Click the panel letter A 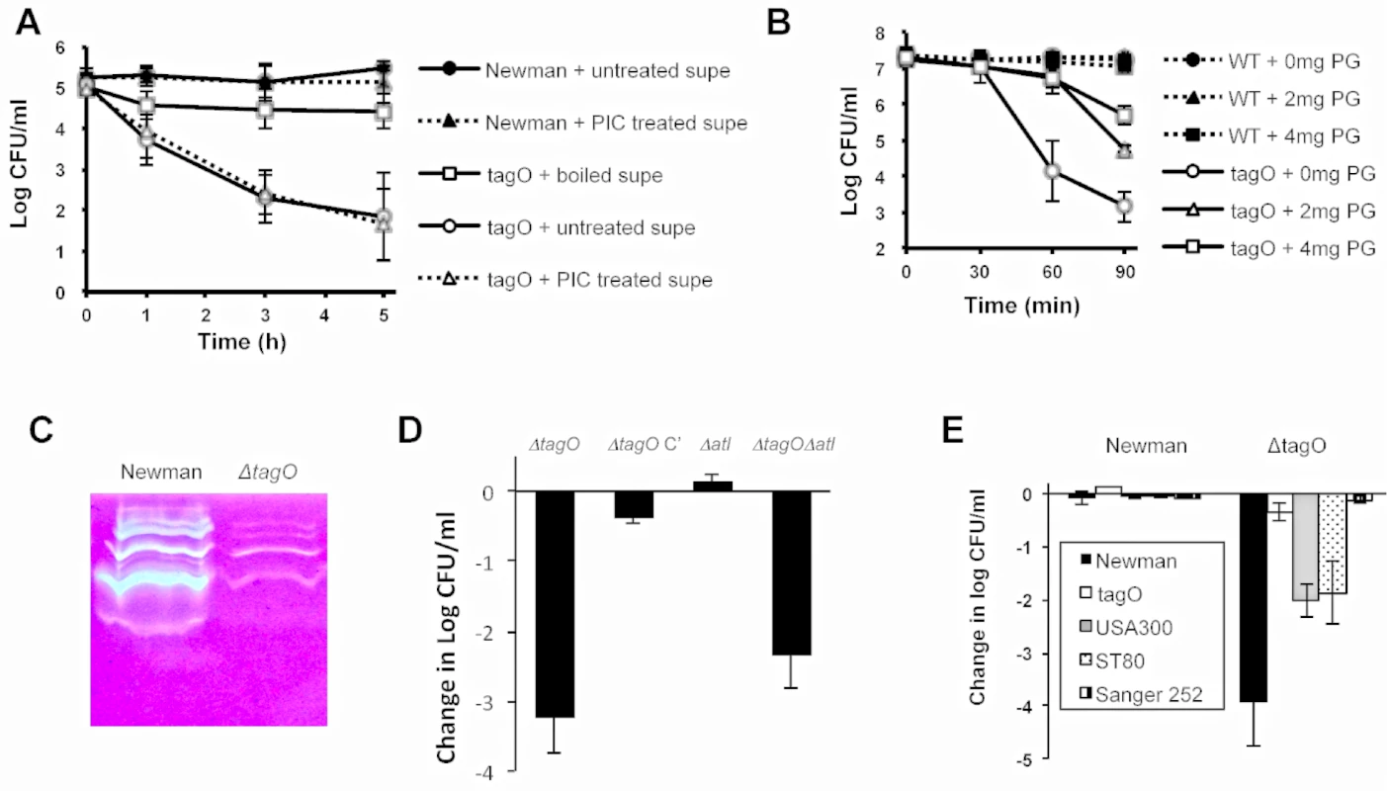[x=28, y=23]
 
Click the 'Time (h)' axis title [x=241, y=342]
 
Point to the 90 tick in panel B [x=1125, y=272]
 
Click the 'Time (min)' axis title [x=1021, y=306]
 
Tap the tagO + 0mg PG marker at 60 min [x=1052, y=170]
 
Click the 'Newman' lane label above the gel [x=161, y=473]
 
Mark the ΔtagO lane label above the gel [x=268, y=473]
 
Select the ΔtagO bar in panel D [x=555, y=604]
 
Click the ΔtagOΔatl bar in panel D [x=791, y=572]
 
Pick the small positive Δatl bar [x=713, y=486]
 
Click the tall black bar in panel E [x=1253, y=598]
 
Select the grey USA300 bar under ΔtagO [x=1305, y=548]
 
